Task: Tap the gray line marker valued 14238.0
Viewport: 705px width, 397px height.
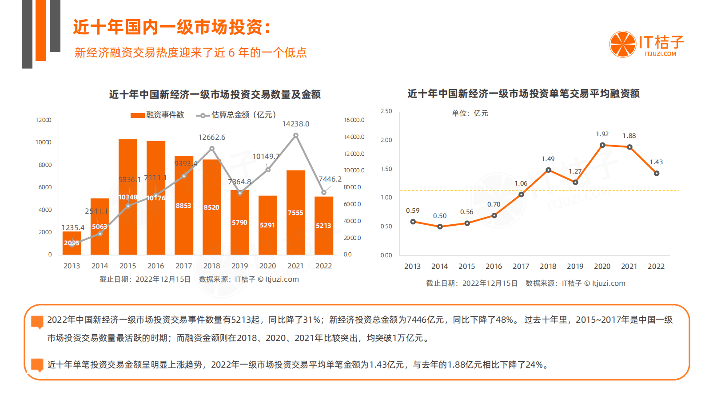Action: click(x=296, y=135)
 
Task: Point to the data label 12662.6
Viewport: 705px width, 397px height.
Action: click(x=211, y=137)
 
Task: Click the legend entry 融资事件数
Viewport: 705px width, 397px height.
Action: click(x=158, y=115)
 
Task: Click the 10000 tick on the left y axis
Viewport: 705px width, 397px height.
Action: click(x=44, y=142)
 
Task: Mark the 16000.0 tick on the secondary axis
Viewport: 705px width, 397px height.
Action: click(x=354, y=120)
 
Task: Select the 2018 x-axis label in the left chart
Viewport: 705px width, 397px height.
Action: click(x=211, y=266)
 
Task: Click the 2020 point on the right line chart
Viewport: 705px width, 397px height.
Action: click(x=602, y=145)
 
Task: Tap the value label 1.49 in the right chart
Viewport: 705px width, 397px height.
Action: click(x=548, y=159)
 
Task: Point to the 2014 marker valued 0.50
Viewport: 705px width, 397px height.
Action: click(x=440, y=227)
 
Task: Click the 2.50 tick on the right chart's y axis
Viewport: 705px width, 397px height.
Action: click(x=386, y=111)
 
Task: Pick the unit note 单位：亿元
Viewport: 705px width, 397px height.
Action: click(x=470, y=113)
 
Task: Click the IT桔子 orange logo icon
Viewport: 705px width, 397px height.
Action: click(x=623, y=45)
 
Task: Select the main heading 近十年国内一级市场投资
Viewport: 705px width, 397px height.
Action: click(x=171, y=27)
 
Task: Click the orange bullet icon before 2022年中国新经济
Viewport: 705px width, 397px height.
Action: click(x=37, y=322)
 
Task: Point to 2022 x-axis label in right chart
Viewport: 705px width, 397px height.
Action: click(x=656, y=266)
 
